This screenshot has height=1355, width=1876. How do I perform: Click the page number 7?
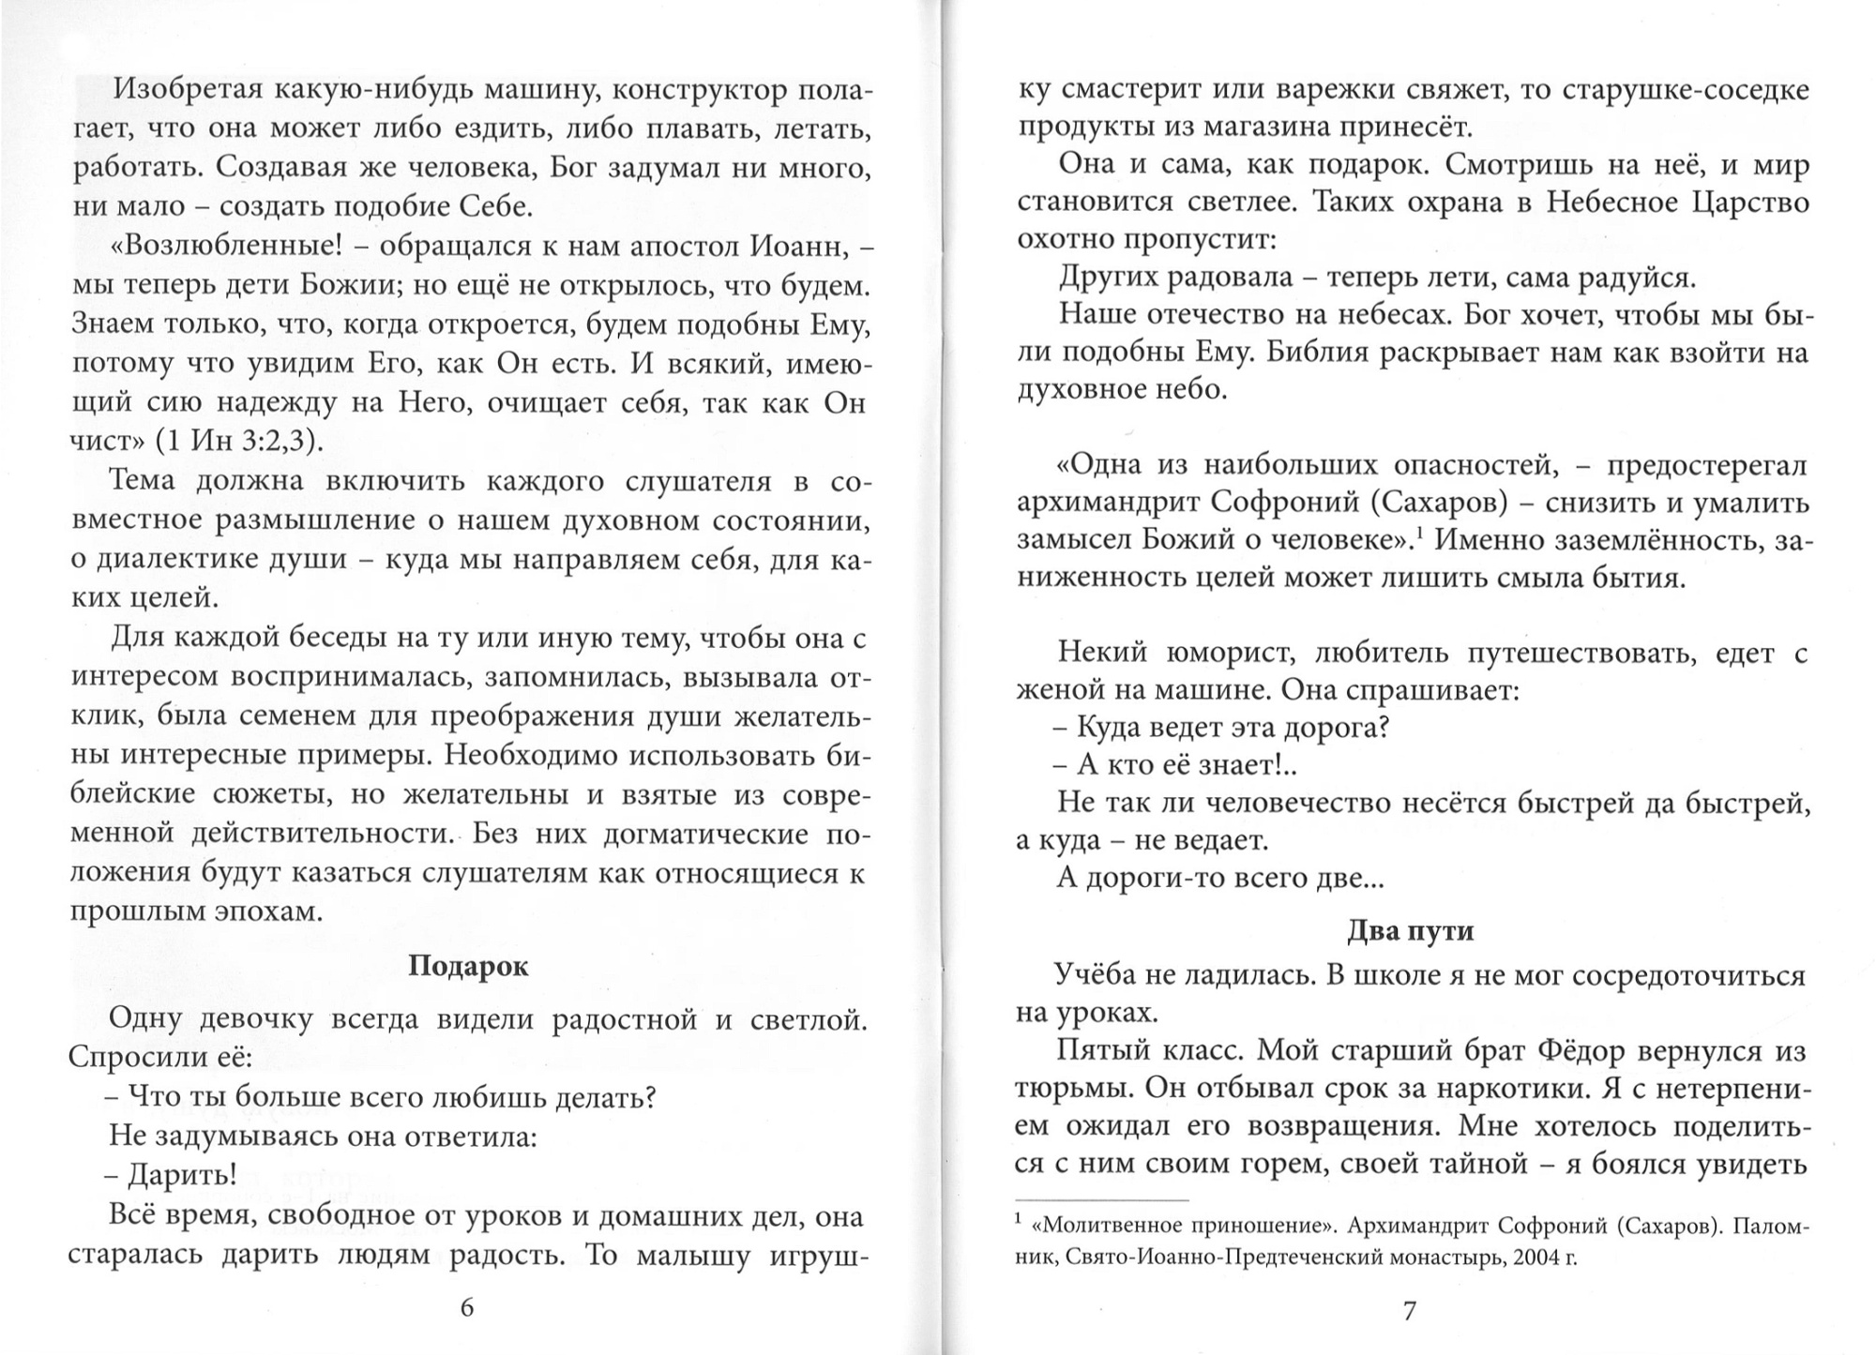pos(1408,1310)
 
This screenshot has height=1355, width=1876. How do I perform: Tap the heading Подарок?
pos(468,967)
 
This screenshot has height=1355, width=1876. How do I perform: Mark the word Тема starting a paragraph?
pos(142,480)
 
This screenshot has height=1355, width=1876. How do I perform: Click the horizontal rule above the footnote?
pos(1101,1200)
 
